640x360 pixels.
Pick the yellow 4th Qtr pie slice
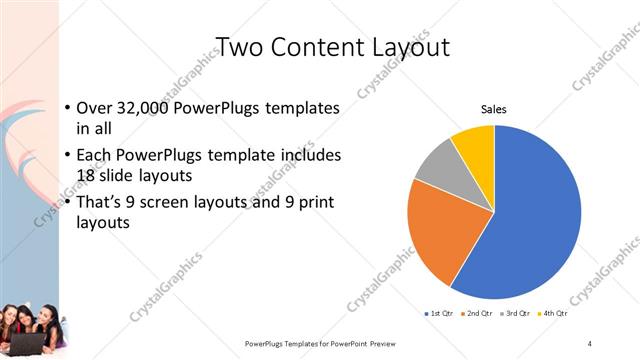474,145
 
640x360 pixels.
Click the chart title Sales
494,109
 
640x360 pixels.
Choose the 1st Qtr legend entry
440,314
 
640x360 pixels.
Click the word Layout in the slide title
404,46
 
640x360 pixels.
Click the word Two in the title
239,46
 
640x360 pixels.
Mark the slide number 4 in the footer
590,344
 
